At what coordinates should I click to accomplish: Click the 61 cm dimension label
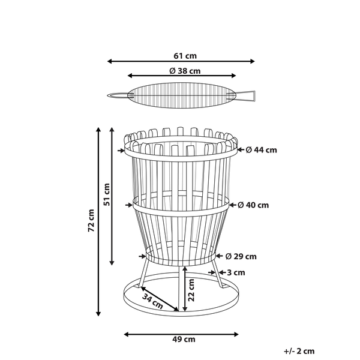click(185, 56)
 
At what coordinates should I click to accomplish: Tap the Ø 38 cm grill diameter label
click(185, 71)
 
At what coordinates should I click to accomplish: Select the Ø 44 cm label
click(261, 150)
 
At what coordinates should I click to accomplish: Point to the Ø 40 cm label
click(253, 205)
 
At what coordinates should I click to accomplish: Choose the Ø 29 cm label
click(241, 256)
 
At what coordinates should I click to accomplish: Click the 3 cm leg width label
click(236, 272)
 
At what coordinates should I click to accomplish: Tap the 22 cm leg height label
click(191, 290)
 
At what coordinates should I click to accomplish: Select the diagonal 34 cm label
click(152, 301)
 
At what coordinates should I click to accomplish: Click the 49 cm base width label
click(184, 339)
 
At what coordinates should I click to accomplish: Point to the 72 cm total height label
click(91, 220)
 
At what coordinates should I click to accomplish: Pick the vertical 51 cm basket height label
click(107, 194)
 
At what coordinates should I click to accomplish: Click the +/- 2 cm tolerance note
click(299, 351)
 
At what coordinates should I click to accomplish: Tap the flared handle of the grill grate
click(246, 95)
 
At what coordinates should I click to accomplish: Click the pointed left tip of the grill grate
click(108, 95)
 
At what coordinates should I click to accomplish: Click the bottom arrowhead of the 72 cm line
click(98, 314)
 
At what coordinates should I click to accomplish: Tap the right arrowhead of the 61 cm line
click(253, 61)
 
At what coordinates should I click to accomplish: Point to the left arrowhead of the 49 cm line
click(126, 334)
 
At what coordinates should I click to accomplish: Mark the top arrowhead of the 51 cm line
click(112, 130)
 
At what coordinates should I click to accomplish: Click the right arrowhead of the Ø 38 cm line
click(233, 76)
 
